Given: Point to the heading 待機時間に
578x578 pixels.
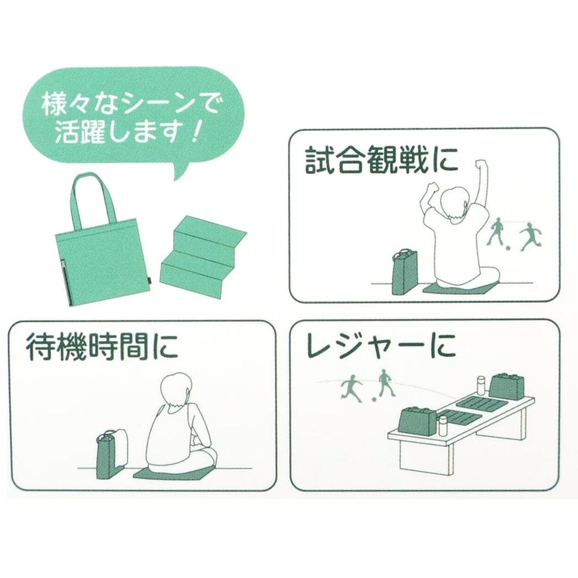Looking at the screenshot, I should pos(102,349).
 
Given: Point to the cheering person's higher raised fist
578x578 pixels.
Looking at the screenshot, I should pos(480,165).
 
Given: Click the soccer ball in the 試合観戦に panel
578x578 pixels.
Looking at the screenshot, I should pos(509,248).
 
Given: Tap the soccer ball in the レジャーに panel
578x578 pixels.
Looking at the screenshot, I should pos(373,400).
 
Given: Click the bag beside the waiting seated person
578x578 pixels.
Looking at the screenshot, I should pos(110,454).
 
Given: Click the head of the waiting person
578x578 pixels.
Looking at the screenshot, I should pos(176,389).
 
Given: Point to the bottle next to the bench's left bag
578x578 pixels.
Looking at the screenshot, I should pos(443,425).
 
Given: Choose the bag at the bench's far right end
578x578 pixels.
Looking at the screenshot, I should pos(506,386).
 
